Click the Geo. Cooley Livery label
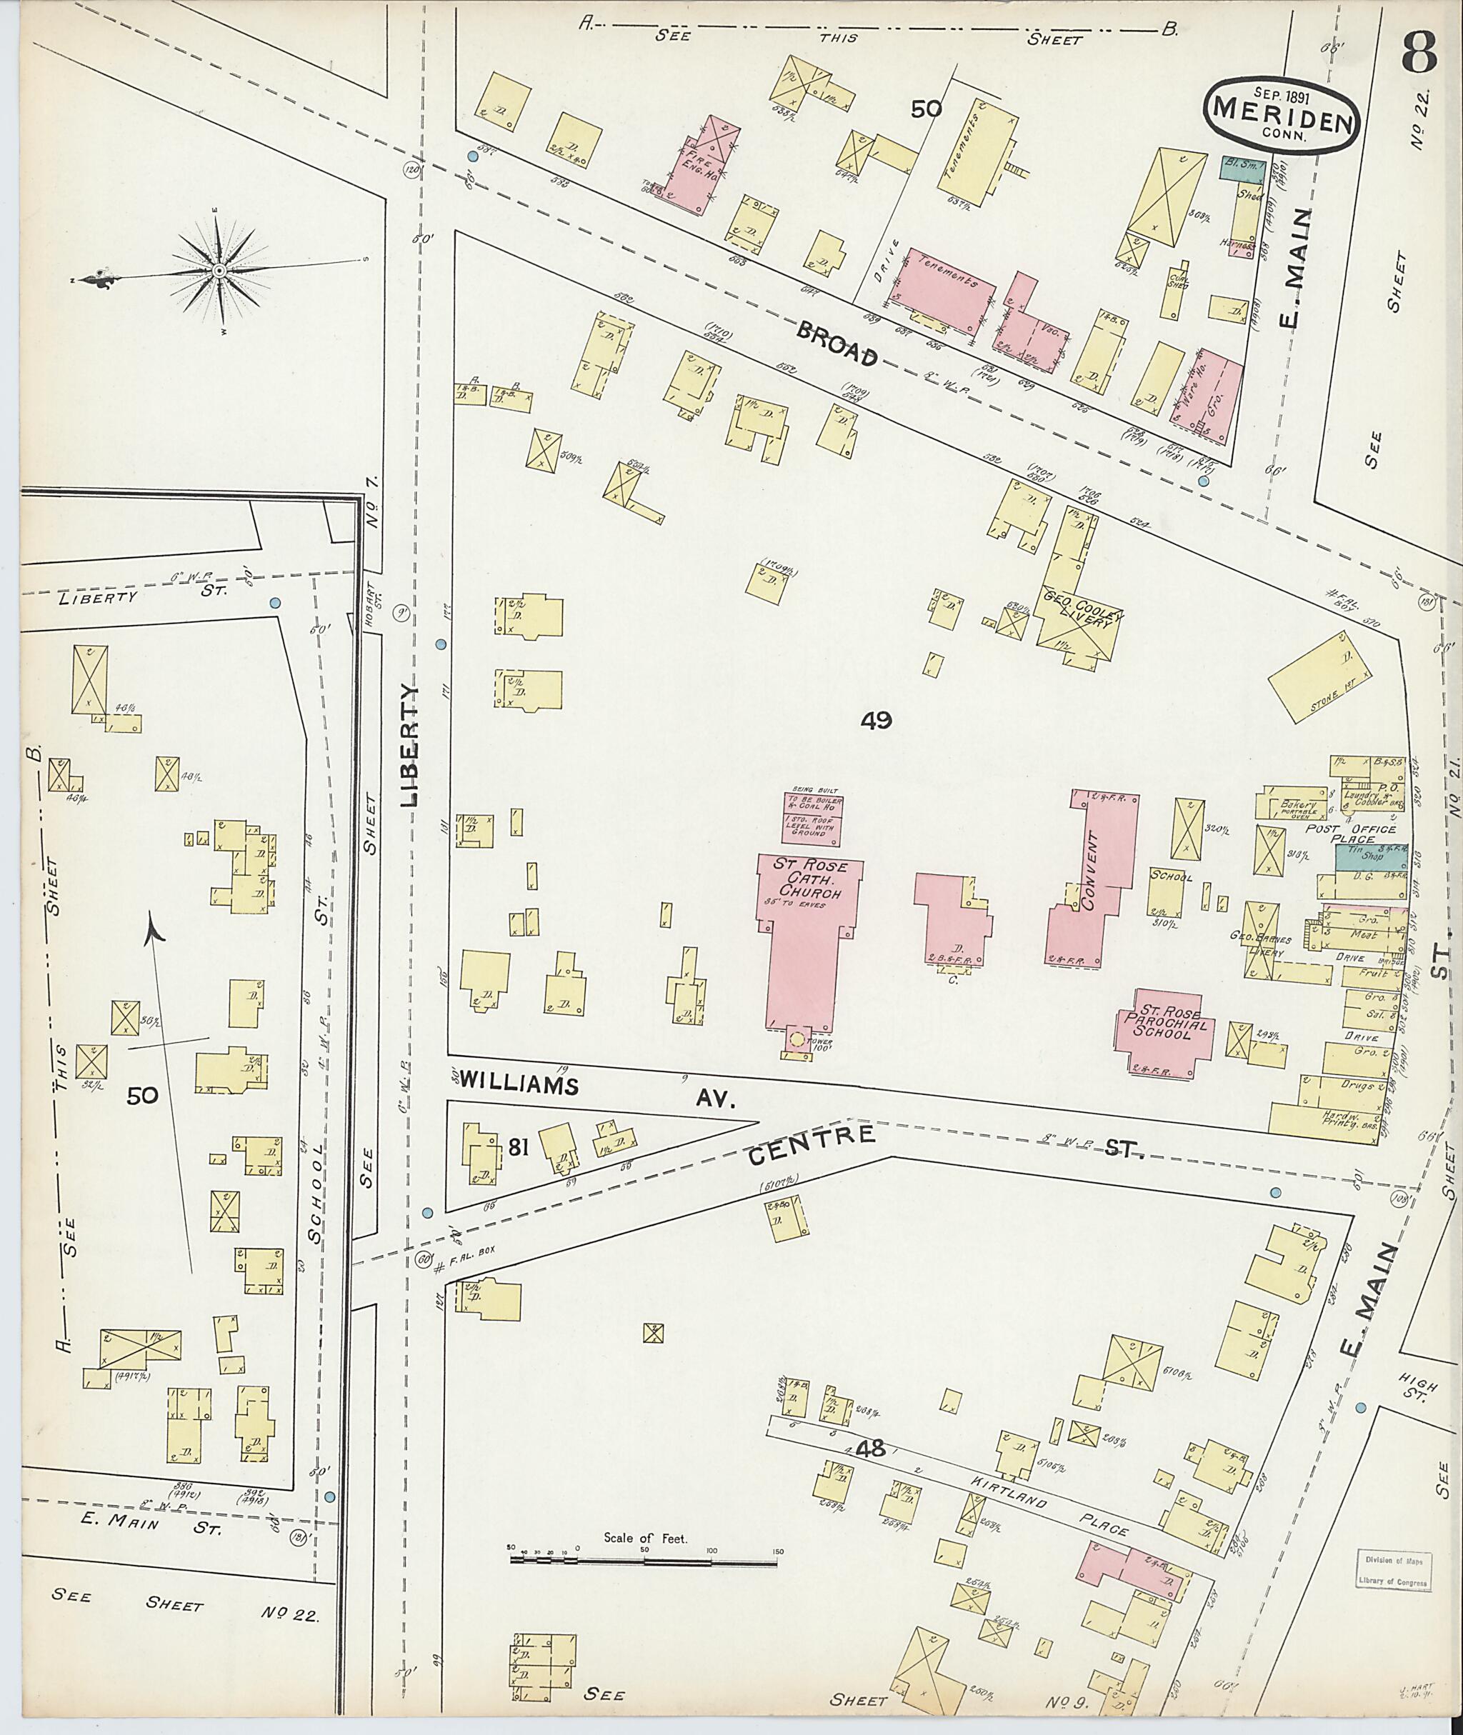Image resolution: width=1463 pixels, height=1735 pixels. click(x=1079, y=627)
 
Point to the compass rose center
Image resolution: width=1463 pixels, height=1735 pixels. click(x=219, y=271)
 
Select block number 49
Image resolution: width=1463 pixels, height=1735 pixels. click(x=876, y=721)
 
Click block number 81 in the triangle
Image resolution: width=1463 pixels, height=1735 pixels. click(x=519, y=1148)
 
